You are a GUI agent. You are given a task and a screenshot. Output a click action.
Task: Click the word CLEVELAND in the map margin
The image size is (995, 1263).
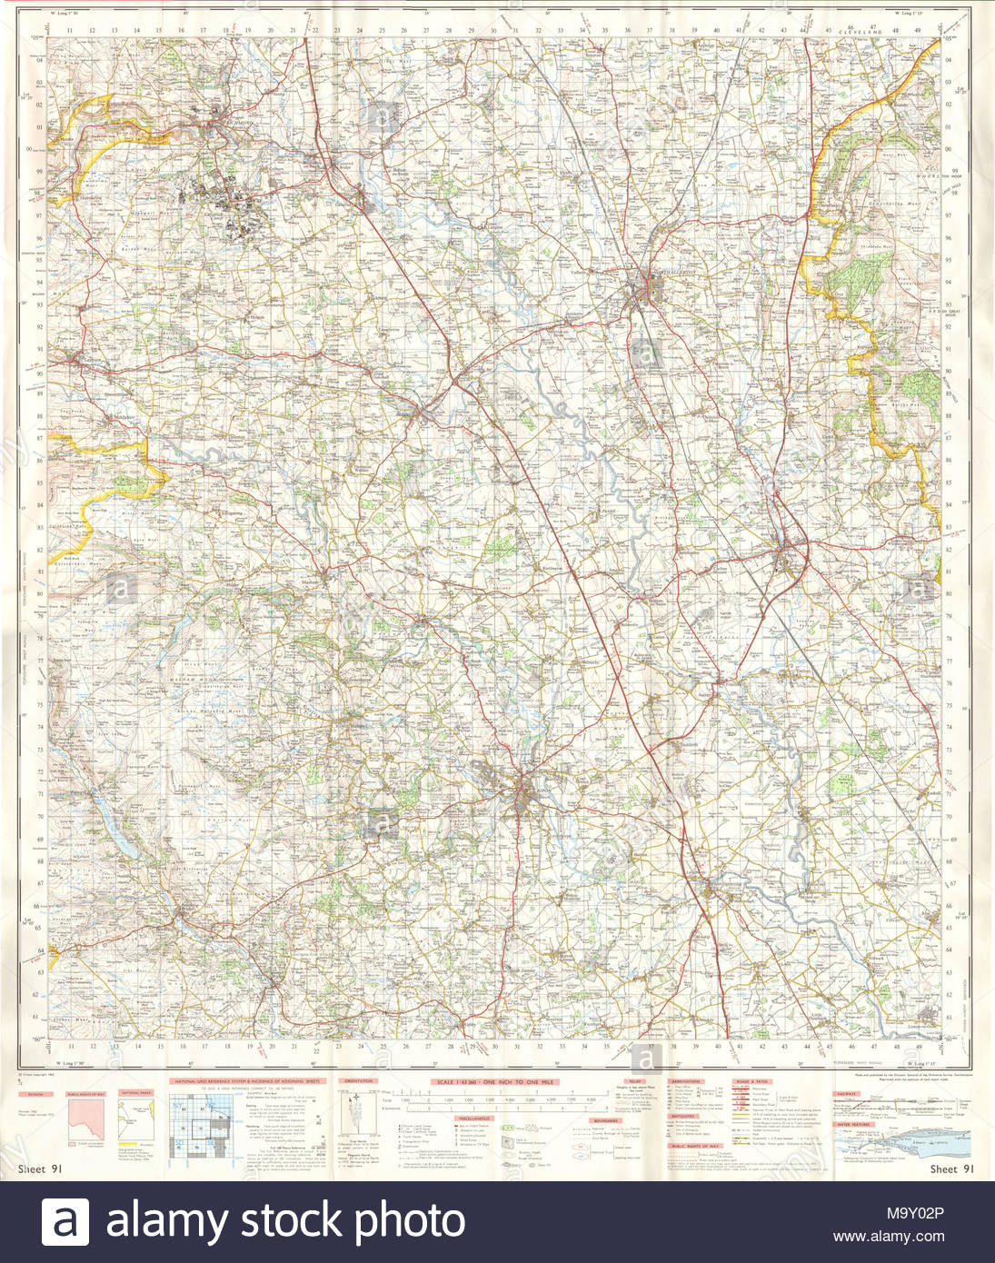(861, 31)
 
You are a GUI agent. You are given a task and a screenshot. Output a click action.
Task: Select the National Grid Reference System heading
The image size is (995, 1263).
(248, 1081)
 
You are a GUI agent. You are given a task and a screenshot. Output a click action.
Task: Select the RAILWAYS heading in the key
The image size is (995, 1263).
(846, 1094)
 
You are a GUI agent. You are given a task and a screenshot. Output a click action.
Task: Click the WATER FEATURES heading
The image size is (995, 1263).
(854, 1124)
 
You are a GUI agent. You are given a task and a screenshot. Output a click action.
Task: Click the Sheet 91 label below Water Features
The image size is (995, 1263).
(950, 1169)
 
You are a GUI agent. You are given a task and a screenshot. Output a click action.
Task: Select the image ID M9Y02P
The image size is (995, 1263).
(917, 1212)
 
